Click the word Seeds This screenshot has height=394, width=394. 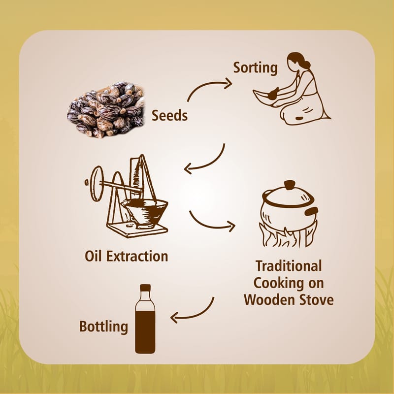169,116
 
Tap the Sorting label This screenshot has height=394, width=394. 255,68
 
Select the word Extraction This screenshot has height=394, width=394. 137,256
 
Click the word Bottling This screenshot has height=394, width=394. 103,327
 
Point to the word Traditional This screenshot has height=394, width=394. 289,266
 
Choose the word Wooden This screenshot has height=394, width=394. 268,300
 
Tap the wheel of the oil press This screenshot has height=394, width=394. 97,183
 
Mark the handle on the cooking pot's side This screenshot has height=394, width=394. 312,212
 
